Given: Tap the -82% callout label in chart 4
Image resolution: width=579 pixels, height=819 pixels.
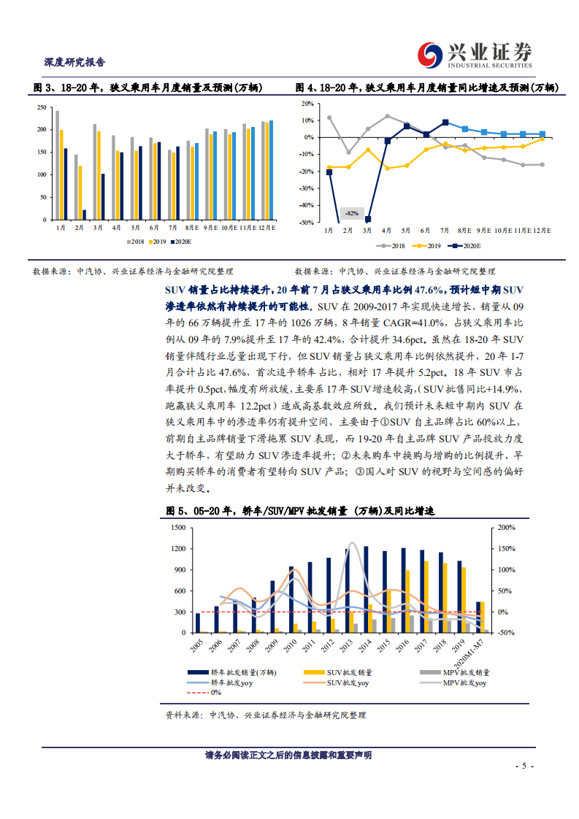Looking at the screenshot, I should coord(352,213).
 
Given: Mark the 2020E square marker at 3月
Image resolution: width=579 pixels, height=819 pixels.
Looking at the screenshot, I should coord(368,219).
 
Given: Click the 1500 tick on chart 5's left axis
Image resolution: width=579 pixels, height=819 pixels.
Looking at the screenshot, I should coord(175,527).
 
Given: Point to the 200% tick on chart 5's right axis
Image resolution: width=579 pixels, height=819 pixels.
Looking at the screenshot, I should coord(506,527).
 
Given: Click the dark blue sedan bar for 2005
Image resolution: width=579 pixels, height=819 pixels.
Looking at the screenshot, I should coord(198,623).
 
